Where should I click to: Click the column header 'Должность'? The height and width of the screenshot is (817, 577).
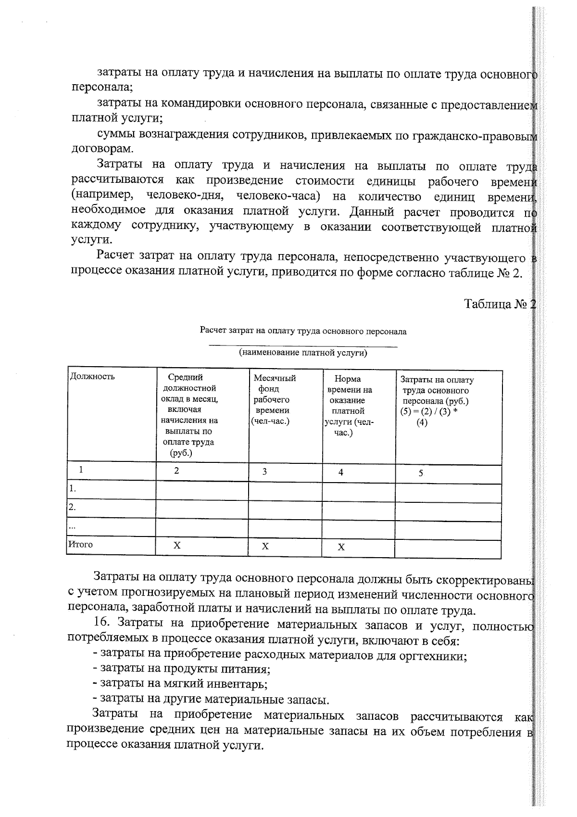tap(92, 376)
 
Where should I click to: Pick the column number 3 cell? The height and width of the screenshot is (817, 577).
tap(265, 472)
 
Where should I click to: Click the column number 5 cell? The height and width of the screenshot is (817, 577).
tap(420, 473)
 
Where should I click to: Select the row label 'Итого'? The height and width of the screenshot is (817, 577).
tap(80, 544)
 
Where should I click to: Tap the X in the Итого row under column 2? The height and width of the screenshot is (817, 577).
tap(177, 545)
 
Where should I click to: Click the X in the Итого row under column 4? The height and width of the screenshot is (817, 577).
tap(341, 547)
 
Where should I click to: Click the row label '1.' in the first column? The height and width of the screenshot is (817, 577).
tap(73, 489)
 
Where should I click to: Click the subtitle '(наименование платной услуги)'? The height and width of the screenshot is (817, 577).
tap(303, 353)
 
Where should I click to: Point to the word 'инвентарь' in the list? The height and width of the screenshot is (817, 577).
tap(236, 683)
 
